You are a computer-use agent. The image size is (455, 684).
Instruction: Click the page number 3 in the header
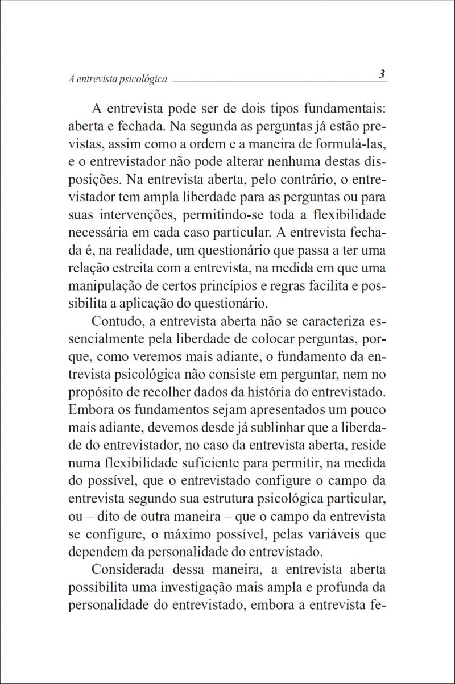pyautogui.click(x=382, y=74)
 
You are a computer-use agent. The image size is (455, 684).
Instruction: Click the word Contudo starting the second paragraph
pyautogui.click(x=116, y=322)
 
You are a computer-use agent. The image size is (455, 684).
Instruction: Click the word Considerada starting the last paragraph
pyautogui.click(x=127, y=570)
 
